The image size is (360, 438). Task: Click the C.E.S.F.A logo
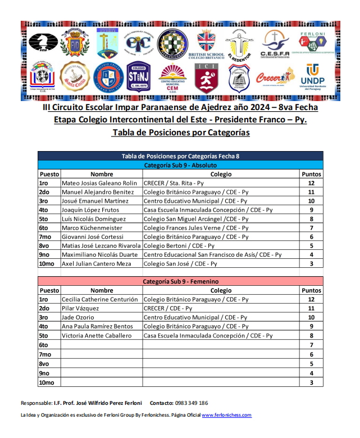coord(275,44)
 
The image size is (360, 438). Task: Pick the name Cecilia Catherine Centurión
coord(99,299)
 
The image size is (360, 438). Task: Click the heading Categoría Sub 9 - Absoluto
coord(180,165)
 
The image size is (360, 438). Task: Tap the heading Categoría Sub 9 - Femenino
coord(180,281)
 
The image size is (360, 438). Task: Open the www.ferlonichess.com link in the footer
coord(226,415)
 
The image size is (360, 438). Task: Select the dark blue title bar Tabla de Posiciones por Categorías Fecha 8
coord(180,156)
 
